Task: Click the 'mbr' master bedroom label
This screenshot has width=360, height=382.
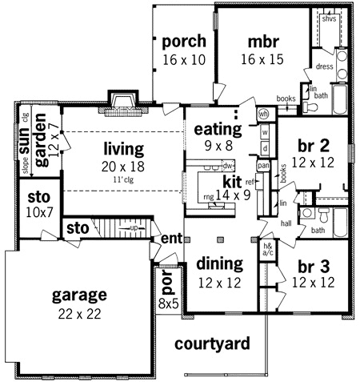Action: point(263,41)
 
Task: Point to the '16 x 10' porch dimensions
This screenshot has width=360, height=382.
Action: point(183,59)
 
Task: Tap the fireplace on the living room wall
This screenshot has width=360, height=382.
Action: point(122,101)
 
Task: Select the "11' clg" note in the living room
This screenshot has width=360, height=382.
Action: point(122,179)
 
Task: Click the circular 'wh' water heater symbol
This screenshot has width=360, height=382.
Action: point(262,114)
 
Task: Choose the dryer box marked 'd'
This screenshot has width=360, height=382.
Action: point(265,148)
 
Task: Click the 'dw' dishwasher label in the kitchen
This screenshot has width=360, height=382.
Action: point(227,165)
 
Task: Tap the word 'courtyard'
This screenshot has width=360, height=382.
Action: point(213,344)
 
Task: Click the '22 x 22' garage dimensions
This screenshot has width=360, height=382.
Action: point(78,314)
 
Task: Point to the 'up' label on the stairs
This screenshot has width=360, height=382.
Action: point(133,228)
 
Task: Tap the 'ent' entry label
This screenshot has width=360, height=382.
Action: point(171,239)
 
